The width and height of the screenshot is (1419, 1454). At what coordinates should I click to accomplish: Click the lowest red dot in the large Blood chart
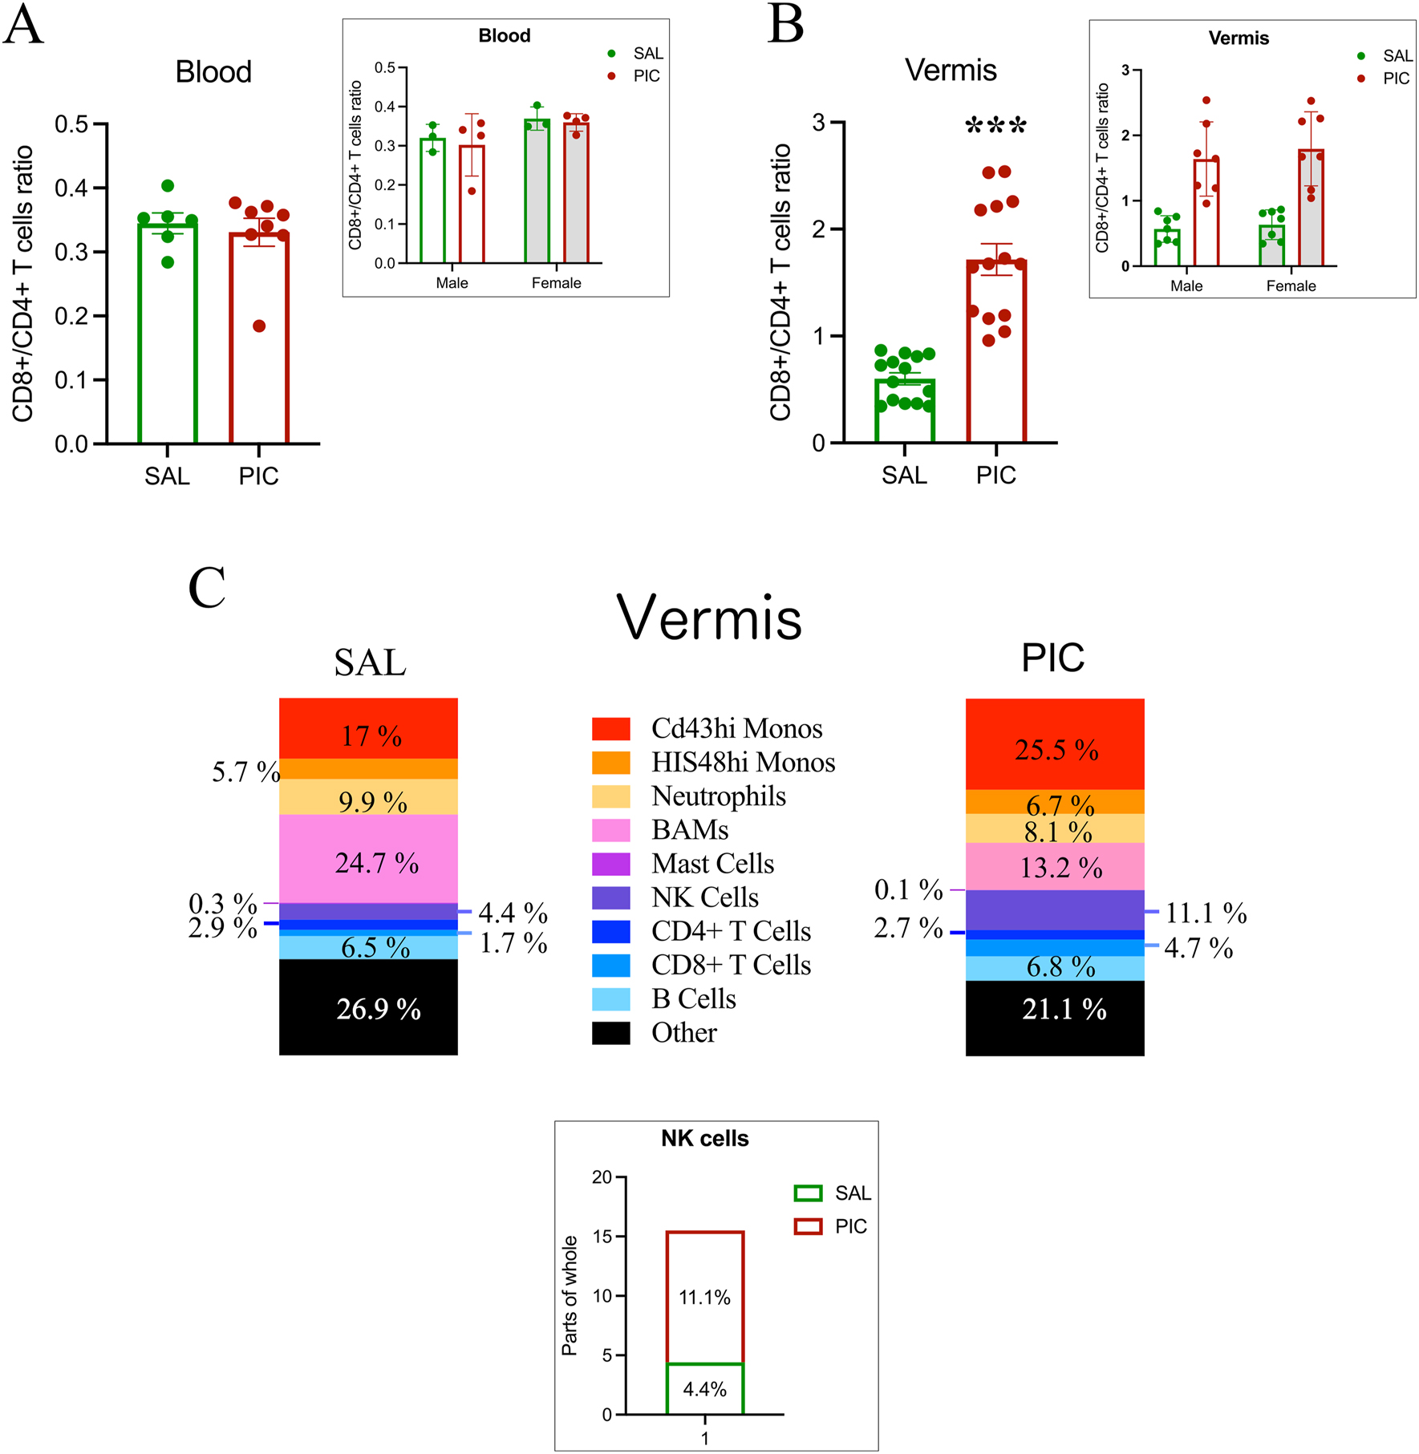coord(259,326)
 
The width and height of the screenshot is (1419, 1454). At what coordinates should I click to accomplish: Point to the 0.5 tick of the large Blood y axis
coord(71,124)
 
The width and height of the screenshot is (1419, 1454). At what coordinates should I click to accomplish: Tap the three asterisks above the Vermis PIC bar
coord(995,127)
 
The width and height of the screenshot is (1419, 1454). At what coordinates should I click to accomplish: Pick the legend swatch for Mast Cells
coord(610,864)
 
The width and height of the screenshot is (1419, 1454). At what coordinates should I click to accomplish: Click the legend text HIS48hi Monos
coord(743,762)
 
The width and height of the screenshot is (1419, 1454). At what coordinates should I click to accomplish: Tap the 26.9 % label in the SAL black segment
coord(378,1009)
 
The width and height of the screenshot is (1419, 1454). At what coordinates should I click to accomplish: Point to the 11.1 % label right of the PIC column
coord(1206,913)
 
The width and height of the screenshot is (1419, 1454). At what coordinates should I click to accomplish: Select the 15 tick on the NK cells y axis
coord(602,1237)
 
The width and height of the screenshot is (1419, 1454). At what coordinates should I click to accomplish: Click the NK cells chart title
coord(704,1139)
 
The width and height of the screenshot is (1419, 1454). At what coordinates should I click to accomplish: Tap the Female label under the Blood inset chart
coord(556,283)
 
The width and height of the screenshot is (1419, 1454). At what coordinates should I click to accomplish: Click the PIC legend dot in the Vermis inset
coord(1361,79)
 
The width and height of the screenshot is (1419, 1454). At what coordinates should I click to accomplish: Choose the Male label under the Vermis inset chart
coord(1186,286)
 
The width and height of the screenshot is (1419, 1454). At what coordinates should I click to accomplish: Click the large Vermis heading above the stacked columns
coord(709,619)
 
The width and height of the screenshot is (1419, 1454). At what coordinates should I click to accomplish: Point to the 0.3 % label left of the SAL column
coord(223,904)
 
